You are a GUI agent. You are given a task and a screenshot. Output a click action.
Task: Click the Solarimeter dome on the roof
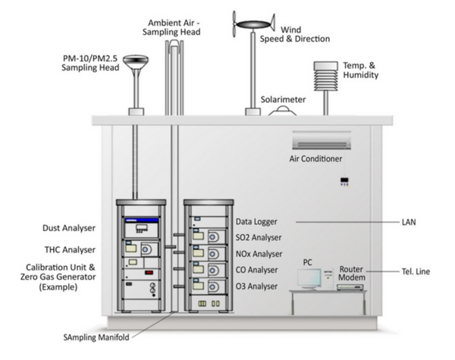(x=284, y=111)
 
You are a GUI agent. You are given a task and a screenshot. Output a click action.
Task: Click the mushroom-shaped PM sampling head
(x=136, y=62)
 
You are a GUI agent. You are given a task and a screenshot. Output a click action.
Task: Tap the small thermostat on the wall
(x=345, y=181)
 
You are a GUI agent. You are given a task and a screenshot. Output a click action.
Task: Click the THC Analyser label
(x=70, y=249)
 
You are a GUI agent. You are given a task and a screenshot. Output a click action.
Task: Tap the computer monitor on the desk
(x=309, y=278)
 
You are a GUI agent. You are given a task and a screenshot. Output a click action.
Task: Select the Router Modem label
(x=353, y=274)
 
